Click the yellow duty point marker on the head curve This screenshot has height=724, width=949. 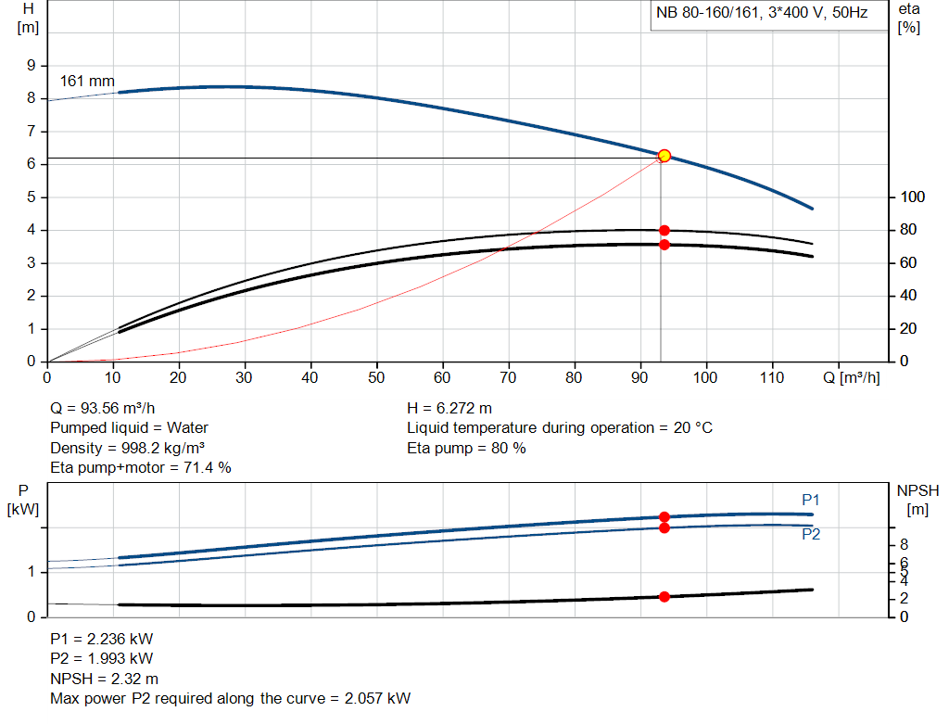664,156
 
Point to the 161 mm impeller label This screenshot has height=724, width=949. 87,82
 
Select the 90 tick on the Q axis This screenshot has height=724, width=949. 640,377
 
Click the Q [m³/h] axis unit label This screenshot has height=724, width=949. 859,377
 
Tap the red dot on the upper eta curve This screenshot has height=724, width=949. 664,230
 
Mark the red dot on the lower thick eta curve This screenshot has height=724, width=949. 664,245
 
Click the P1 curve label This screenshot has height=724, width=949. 811,500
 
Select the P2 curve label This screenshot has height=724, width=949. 811,534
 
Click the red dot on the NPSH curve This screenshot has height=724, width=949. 664,597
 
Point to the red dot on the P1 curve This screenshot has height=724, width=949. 664,516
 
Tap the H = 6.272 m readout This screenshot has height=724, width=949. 449,408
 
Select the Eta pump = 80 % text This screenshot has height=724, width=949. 466,449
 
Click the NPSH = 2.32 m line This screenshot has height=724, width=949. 104,679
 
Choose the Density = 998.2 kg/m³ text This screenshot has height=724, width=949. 127,449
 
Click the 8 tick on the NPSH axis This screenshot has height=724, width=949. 905,544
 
